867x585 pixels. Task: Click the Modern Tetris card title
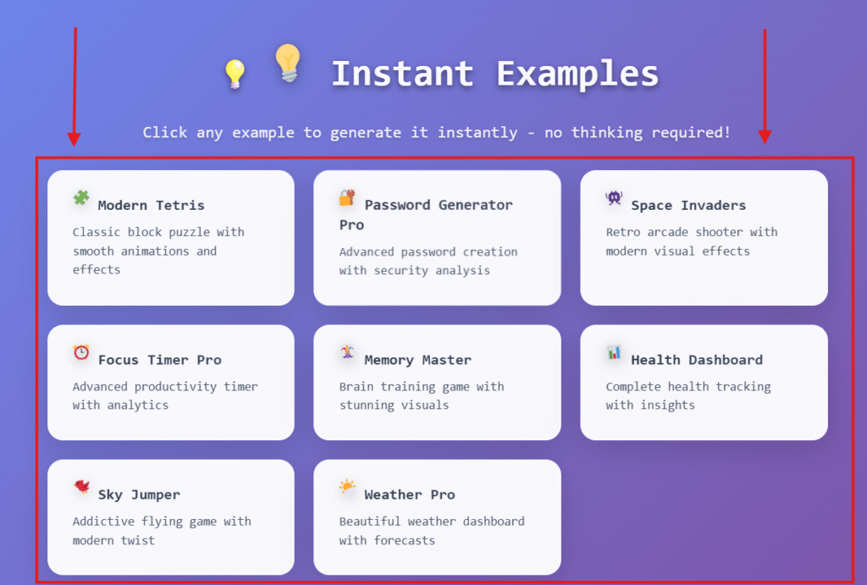pos(151,205)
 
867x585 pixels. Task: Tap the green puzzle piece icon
pos(81,197)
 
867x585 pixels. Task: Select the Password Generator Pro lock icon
pos(347,197)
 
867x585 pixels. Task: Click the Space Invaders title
pos(688,205)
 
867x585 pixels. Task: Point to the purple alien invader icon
pos(614,197)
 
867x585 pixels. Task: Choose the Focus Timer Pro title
pos(160,360)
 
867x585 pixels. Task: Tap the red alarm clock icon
pos(81,352)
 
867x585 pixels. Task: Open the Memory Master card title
pos(418,360)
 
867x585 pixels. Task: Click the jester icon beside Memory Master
pos(347,351)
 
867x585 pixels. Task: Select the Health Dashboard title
pos(697,360)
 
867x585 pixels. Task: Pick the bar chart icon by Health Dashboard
pos(614,352)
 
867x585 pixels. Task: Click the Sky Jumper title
pos(140,495)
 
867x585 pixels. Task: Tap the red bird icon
pos(82,487)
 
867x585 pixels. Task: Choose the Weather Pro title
pos(410,495)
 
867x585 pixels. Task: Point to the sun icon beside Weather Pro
pos(347,487)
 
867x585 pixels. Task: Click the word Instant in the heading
pos(402,74)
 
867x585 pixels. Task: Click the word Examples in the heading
pos(577,75)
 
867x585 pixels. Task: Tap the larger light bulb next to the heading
pos(288,63)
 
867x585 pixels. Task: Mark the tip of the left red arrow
pos(75,146)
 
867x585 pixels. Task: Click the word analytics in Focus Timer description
pos(138,406)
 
